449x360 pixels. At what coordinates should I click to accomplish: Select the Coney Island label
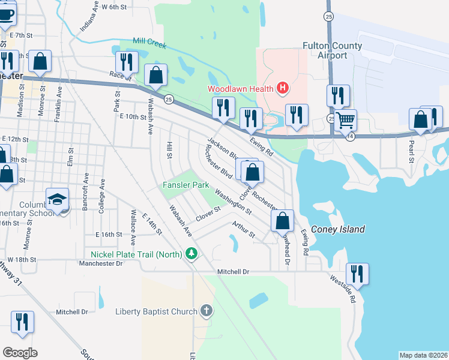point(343,229)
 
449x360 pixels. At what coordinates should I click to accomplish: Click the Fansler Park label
point(185,185)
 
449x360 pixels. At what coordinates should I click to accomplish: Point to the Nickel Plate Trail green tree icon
point(191,254)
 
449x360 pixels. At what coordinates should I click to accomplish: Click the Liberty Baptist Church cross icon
point(206,311)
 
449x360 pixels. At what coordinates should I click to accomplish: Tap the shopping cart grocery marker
point(345,120)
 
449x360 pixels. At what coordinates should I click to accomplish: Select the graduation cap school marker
point(57,199)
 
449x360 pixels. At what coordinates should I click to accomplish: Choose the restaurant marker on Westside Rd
point(357,274)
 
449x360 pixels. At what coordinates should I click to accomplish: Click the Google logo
point(20,353)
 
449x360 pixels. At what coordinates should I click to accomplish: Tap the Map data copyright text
point(423,355)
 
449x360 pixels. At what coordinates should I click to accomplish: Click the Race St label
point(120,75)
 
